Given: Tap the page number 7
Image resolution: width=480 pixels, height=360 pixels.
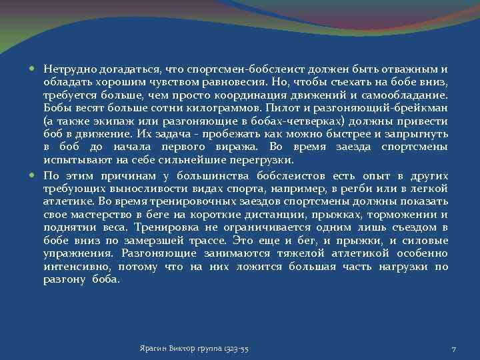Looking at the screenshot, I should tap(454, 349).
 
